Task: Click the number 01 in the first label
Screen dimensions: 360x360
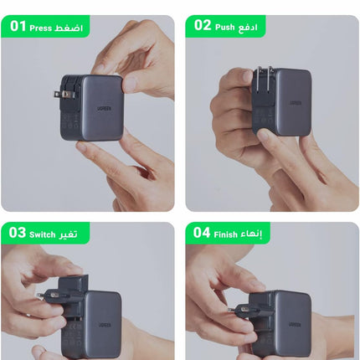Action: click(18, 27)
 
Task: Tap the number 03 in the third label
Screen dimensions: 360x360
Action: click(18, 232)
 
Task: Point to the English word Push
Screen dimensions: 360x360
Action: click(225, 26)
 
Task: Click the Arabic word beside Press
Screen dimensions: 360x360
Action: click(69, 28)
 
